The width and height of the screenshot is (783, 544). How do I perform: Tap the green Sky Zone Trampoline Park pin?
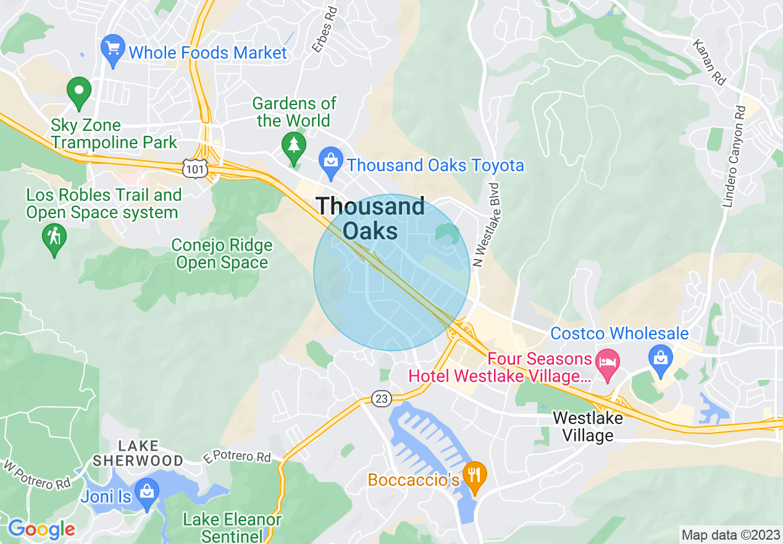click(x=79, y=91)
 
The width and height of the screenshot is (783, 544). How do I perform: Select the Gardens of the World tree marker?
click(x=294, y=147)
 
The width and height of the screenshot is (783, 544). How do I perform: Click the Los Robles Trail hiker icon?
click(x=54, y=237)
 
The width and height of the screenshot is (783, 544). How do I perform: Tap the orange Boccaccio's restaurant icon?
click(x=474, y=475)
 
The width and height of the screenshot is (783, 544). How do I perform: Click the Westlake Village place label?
click(x=588, y=427)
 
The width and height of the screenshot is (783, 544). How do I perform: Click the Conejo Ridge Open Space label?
click(x=222, y=254)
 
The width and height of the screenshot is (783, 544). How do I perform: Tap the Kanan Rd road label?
click(x=708, y=62)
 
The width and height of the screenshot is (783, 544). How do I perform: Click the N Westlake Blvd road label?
click(x=486, y=224)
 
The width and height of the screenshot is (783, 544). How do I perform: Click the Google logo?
click(x=41, y=529)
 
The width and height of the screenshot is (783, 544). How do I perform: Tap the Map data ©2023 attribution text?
click(x=730, y=535)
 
